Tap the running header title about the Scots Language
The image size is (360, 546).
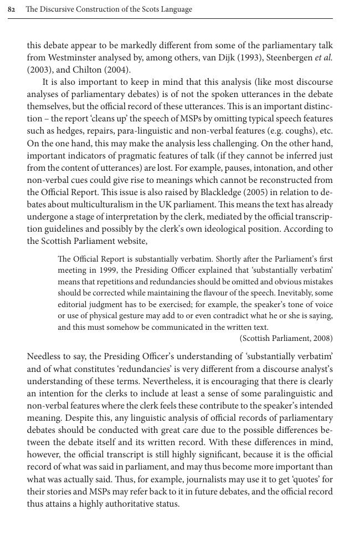coord(109,9)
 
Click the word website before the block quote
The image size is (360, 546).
coord(131,241)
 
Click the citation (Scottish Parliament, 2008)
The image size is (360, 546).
coord(286,338)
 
